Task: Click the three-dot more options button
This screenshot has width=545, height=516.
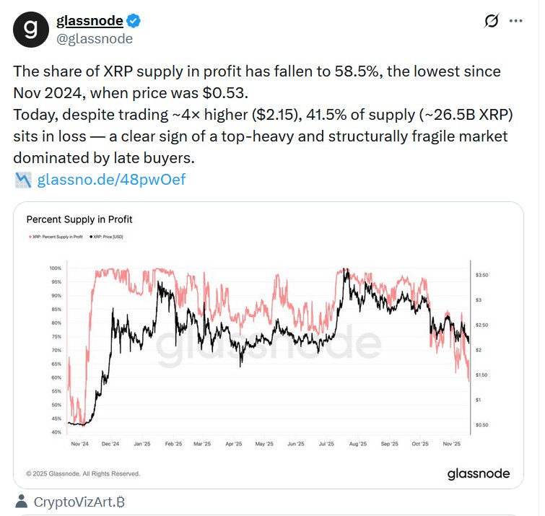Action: [515, 21]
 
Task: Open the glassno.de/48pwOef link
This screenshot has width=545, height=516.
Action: [111, 179]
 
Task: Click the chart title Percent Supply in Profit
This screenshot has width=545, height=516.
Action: [79, 219]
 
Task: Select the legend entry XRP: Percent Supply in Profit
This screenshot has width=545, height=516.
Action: [57, 237]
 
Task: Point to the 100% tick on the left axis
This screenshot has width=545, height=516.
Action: [56, 268]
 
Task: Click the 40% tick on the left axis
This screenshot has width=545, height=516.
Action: [57, 432]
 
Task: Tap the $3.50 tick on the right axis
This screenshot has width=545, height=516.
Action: [484, 275]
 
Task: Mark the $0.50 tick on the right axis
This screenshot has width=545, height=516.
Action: [484, 424]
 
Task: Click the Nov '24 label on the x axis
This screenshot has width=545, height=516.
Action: [79, 444]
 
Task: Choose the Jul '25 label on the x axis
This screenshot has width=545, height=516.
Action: [326, 444]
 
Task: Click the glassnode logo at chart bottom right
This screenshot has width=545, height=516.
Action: [478, 473]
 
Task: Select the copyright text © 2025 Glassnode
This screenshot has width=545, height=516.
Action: [83, 473]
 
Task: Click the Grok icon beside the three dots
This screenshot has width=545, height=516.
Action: [491, 21]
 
